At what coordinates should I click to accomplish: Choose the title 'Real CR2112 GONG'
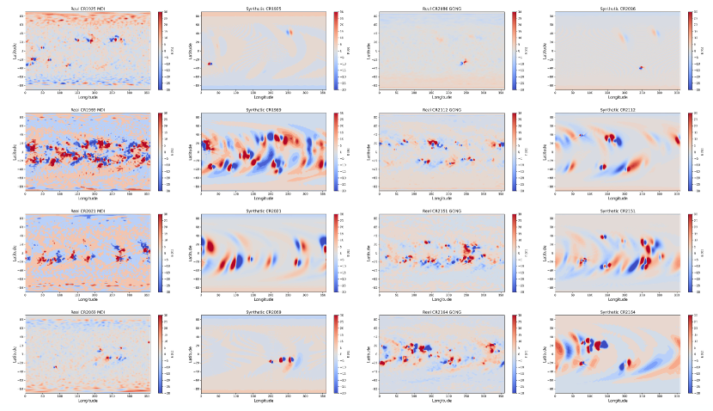tap(442, 109)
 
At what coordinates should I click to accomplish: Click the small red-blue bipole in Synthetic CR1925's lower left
tap(209, 64)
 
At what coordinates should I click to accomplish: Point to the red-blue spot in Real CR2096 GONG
tap(464, 62)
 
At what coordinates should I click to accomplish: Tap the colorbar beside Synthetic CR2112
tap(690, 150)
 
